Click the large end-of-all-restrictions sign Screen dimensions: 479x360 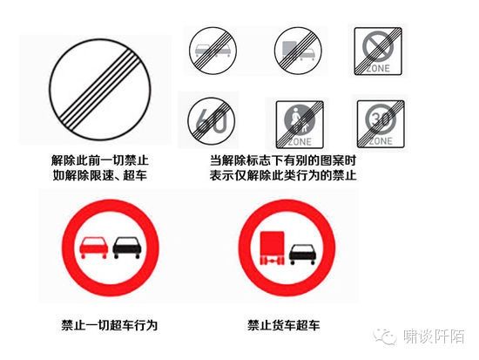click(x=100, y=89)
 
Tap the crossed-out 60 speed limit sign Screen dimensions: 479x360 click(x=211, y=120)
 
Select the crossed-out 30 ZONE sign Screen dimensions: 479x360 click(x=381, y=124)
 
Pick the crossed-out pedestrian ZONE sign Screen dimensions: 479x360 click(x=300, y=124)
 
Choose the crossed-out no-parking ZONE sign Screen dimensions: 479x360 click(x=378, y=51)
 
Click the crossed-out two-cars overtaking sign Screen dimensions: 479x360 click(x=213, y=51)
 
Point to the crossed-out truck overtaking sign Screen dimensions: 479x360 click(x=298, y=51)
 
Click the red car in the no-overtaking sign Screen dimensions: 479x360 click(x=94, y=248)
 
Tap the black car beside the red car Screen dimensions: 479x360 click(x=127, y=248)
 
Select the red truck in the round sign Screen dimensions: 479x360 click(x=272, y=248)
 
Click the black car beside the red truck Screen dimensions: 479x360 click(x=303, y=255)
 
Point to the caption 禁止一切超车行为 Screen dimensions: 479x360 click(x=110, y=325)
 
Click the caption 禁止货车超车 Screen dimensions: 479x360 click(x=284, y=325)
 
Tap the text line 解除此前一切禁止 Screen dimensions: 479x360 click(x=100, y=160)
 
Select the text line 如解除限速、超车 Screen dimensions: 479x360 click(x=100, y=175)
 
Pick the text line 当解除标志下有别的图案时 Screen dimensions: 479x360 click(x=283, y=160)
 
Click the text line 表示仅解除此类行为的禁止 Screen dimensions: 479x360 click(x=283, y=175)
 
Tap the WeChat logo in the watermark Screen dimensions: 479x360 click(x=385, y=336)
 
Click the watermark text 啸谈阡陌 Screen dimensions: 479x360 click(x=434, y=336)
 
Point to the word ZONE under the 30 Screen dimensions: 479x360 click(x=381, y=141)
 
